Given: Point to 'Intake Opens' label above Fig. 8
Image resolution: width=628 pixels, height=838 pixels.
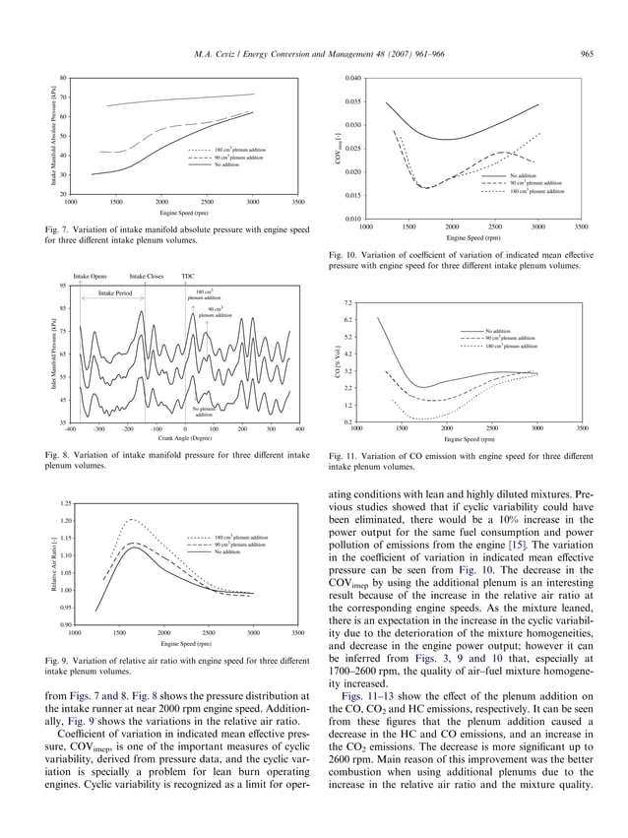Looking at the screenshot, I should (x=90, y=277).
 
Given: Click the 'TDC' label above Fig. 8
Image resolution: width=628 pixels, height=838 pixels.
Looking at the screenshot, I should (x=187, y=277).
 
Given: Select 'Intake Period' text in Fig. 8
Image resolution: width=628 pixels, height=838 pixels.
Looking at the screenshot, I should (x=115, y=292).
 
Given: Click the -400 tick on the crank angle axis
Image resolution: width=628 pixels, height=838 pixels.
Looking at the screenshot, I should (x=70, y=429).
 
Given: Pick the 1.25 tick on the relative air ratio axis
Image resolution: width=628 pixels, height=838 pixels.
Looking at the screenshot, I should (x=66, y=502).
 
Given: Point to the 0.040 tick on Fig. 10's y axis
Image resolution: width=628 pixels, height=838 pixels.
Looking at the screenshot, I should (x=353, y=78).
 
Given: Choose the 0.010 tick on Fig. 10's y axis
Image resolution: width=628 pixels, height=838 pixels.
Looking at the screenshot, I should (x=353, y=219).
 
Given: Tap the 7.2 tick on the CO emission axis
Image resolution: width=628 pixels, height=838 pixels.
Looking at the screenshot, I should (x=348, y=302).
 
